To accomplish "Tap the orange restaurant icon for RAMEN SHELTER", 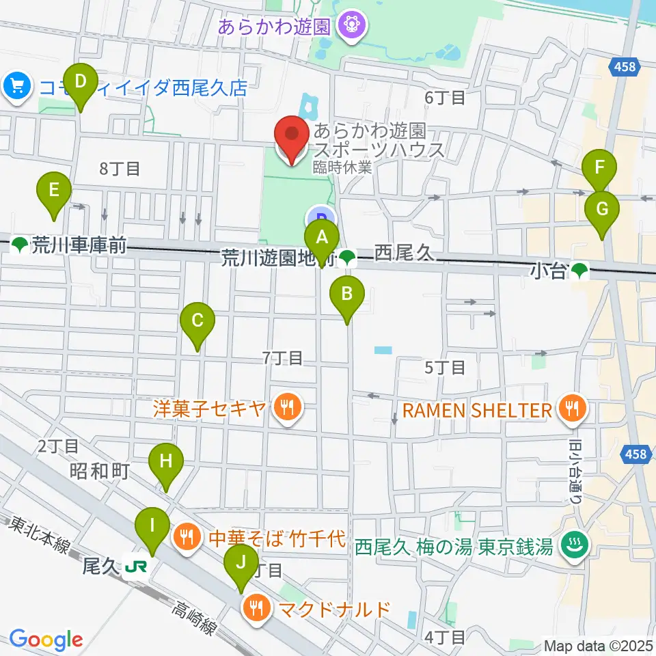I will coord(569,409).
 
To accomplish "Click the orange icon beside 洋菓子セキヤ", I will coord(284,409).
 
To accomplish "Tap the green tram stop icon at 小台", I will coord(579,271).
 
